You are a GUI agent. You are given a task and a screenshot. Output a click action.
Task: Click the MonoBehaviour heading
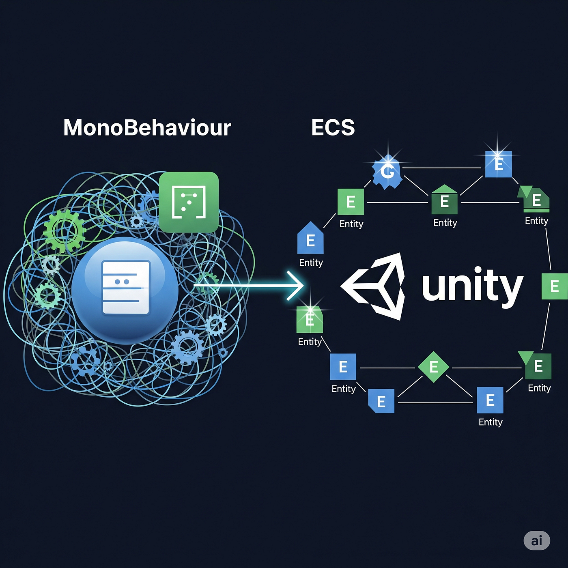(147, 128)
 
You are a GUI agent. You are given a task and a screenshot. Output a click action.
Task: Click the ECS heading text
(333, 127)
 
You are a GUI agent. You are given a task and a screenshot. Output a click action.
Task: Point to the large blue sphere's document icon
(126, 288)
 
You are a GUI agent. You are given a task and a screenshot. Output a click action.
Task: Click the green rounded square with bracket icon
(189, 202)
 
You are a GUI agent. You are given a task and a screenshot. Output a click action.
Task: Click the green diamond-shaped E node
(433, 367)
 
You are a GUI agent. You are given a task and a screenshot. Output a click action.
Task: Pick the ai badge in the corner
(536, 540)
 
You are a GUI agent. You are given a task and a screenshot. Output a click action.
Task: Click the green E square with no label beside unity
(554, 286)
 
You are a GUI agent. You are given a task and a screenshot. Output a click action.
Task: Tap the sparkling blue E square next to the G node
(499, 164)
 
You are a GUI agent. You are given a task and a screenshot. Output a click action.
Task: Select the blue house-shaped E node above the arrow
(310, 239)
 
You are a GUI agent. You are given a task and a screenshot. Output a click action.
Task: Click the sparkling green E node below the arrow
(310, 320)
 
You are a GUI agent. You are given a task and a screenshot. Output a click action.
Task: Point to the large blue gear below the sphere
(187, 347)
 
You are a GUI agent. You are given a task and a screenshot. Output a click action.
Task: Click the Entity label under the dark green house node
(445, 223)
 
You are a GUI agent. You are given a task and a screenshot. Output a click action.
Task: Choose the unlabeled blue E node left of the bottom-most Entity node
(381, 401)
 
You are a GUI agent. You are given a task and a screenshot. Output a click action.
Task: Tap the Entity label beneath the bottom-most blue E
(490, 422)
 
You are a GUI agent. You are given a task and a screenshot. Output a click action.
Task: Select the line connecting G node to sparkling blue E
(442, 168)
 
